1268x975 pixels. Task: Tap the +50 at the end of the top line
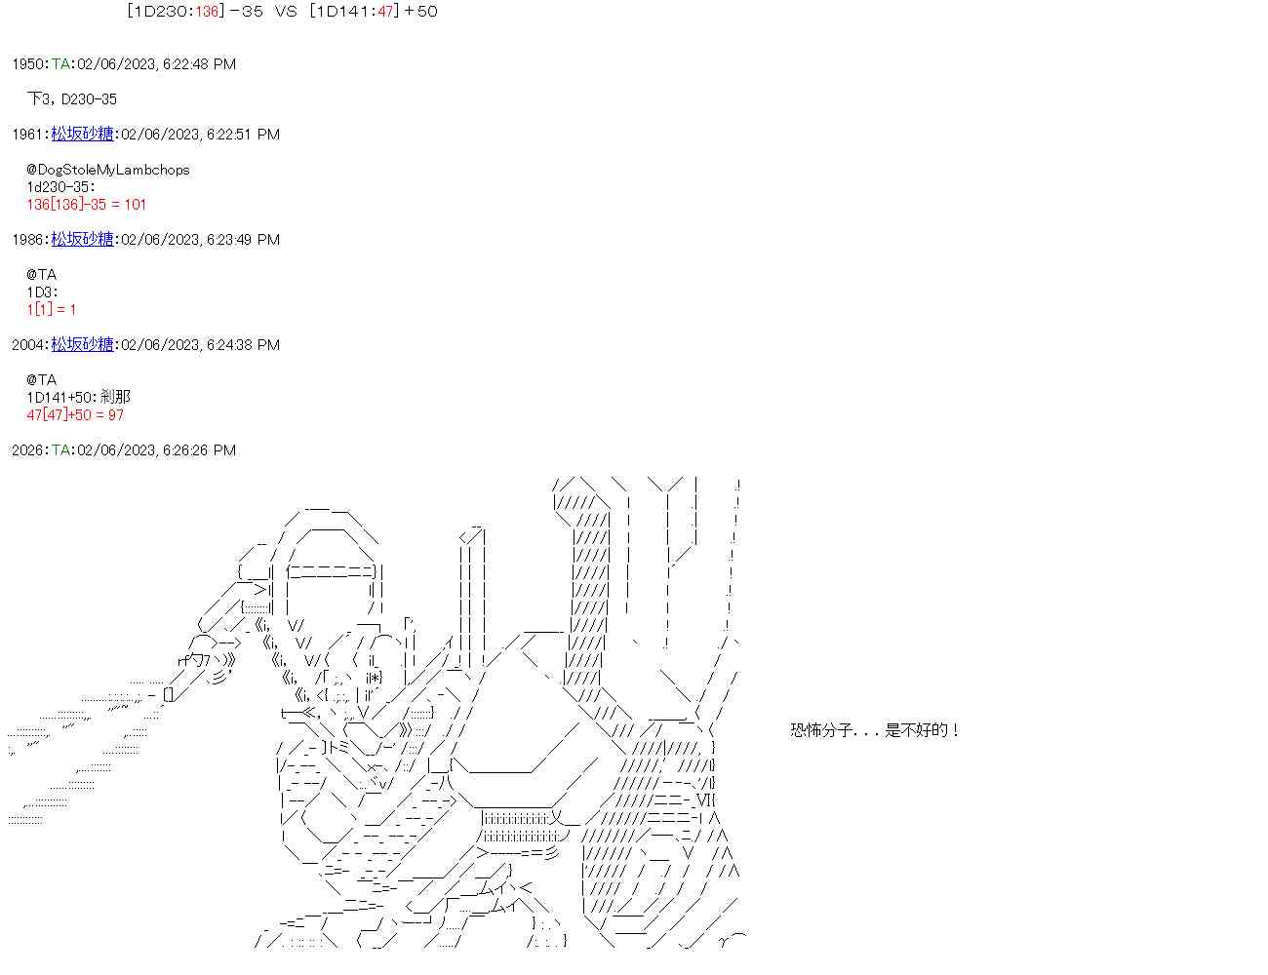(x=420, y=12)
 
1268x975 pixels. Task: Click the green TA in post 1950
(x=60, y=64)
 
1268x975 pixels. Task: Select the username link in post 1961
(x=82, y=135)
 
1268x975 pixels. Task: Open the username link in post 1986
(x=82, y=240)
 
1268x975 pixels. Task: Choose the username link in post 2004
(x=82, y=345)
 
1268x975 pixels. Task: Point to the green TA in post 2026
(x=60, y=450)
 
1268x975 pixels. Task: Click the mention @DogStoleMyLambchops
(x=108, y=170)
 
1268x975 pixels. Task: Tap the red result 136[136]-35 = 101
(x=87, y=205)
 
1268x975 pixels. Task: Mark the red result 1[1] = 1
(x=52, y=310)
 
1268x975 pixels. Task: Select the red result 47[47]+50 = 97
(x=75, y=415)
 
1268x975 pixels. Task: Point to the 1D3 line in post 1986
(x=42, y=292)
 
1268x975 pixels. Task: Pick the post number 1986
(x=28, y=240)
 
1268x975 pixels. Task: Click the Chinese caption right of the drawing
(x=875, y=730)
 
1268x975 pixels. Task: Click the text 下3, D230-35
(x=72, y=99)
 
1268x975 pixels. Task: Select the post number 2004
(x=28, y=345)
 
